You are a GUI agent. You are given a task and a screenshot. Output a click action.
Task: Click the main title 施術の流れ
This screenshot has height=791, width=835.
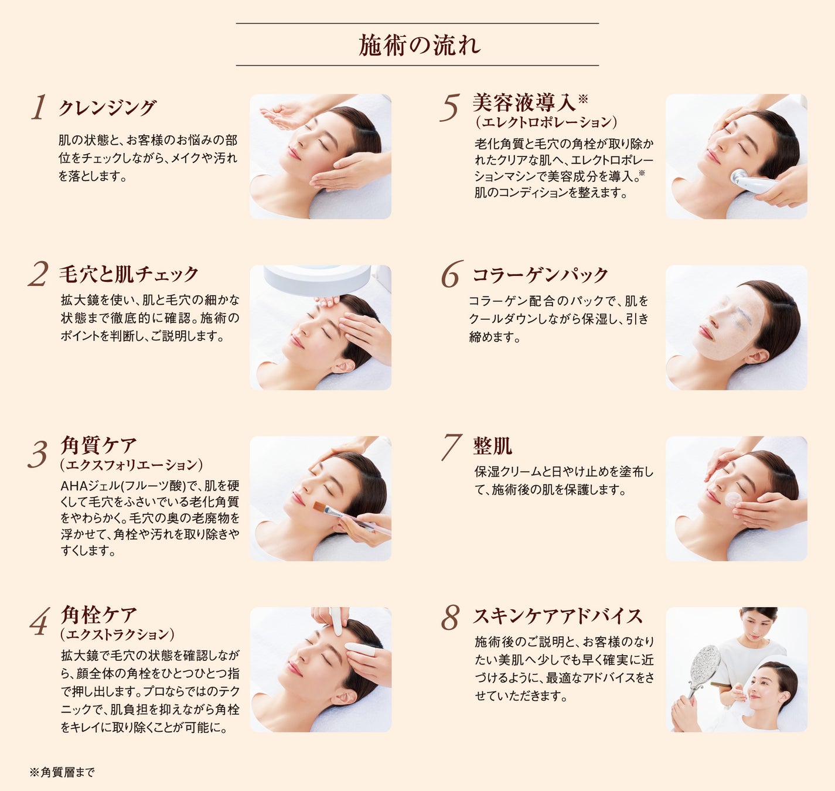pos(419,45)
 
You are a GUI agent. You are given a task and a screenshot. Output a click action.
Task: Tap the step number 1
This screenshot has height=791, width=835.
pos(39,107)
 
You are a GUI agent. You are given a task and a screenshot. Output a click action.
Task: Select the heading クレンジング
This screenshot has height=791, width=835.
pos(107,108)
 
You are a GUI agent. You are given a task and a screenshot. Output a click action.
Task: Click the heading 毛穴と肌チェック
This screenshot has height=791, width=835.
pos(129,274)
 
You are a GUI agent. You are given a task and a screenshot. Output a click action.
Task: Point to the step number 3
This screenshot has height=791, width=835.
pos(38,454)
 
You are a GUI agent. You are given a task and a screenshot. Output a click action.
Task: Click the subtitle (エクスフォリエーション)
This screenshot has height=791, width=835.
pos(131,464)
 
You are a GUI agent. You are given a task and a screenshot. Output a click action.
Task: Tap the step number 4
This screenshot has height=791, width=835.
pos(39,622)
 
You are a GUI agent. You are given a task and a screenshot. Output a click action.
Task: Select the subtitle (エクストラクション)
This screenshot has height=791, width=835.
pos(117,634)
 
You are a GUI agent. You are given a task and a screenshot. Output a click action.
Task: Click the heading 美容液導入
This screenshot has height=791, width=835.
pos(524,103)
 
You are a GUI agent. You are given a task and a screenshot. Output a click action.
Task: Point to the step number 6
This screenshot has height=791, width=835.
pos(451,274)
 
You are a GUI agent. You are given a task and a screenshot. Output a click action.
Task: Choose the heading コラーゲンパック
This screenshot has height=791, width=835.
pos(540,275)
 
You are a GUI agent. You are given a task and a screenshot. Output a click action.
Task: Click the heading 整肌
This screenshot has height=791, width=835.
pos(493,446)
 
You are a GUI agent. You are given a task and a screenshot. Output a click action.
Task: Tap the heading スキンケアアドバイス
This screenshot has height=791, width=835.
pos(558,616)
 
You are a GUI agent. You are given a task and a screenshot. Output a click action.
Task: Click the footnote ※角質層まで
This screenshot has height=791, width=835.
pos(62,772)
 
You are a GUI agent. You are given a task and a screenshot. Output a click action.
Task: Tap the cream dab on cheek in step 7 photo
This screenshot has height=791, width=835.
pos(734,499)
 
